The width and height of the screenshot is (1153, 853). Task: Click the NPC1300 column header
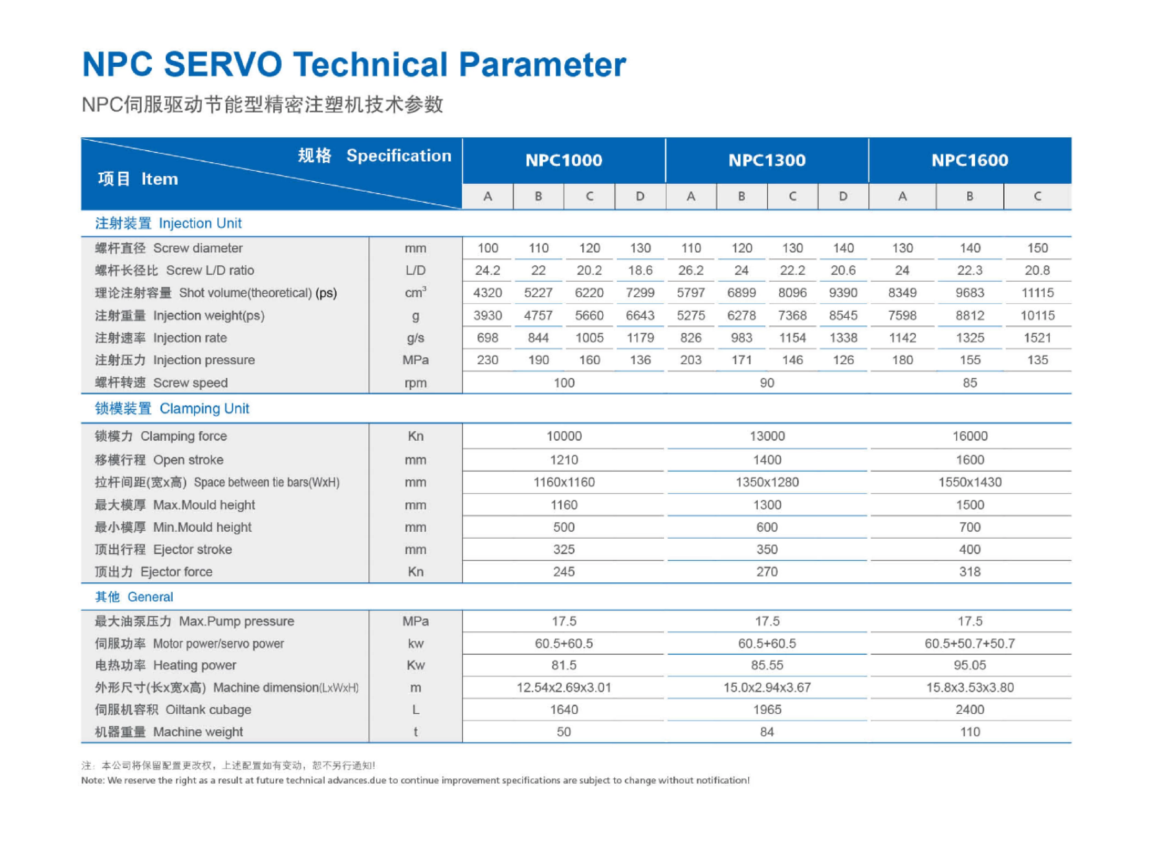coord(767,160)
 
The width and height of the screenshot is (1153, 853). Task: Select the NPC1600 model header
coord(970,160)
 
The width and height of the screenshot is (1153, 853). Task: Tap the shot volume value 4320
coord(488,293)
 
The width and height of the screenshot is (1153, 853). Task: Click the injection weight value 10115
coord(1037,315)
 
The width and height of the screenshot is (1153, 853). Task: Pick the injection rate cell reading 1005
coord(590,338)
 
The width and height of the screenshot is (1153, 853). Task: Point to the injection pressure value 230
coord(488,360)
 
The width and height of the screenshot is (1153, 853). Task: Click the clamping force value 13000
coord(767,436)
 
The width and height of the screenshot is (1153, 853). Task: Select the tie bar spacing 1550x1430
coord(970,482)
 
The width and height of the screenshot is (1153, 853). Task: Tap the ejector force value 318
coord(970,572)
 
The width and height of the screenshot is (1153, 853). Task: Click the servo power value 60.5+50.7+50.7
coord(970,644)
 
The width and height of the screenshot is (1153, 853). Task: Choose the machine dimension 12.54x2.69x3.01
coord(564,687)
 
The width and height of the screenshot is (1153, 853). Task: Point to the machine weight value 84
coord(767,732)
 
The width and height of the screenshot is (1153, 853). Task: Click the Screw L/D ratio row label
coord(174,270)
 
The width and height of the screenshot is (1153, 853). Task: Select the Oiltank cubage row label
coord(173,710)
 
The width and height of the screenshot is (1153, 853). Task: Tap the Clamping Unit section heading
coord(172,408)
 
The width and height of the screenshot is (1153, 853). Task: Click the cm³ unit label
coord(416,292)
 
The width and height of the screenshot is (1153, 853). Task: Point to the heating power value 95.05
coord(970,665)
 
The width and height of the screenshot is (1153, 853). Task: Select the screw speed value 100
coord(564,382)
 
